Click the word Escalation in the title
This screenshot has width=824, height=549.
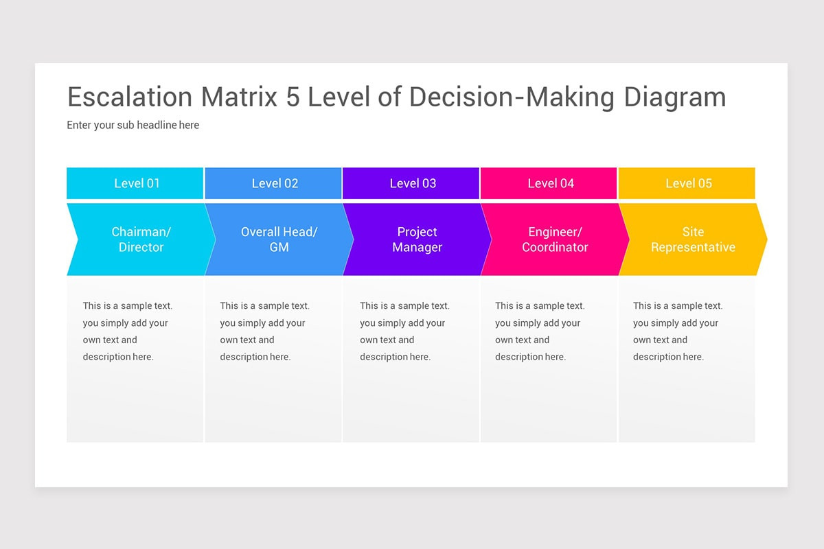[x=130, y=97]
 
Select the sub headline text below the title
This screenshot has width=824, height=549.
[x=133, y=125]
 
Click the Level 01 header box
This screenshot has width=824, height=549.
[x=135, y=183]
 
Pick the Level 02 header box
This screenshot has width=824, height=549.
[x=273, y=183]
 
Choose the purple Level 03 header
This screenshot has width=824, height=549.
[x=411, y=183]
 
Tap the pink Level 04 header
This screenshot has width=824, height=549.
[x=549, y=183]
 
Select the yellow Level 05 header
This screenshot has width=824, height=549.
[x=687, y=183]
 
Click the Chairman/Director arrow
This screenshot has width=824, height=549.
[x=141, y=240]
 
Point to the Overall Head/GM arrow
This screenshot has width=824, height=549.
[x=279, y=240]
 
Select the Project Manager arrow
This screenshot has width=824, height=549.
[x=417, y=240]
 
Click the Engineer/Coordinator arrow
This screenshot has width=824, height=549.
[x=555, y=240]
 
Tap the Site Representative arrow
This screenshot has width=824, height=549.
[x=693, y=240]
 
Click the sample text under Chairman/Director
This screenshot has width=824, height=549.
[x=128, y=331]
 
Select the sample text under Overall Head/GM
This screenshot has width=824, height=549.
[x=265, y=331]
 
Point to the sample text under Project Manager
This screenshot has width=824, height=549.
[x=404, y=331]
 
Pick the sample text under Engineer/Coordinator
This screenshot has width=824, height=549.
[x=540, y=331]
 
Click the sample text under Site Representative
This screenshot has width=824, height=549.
[x=678, y=331]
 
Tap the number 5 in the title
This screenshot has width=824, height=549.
[x=293, y=97]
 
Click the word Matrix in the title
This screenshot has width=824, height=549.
[x=239, y=97]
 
